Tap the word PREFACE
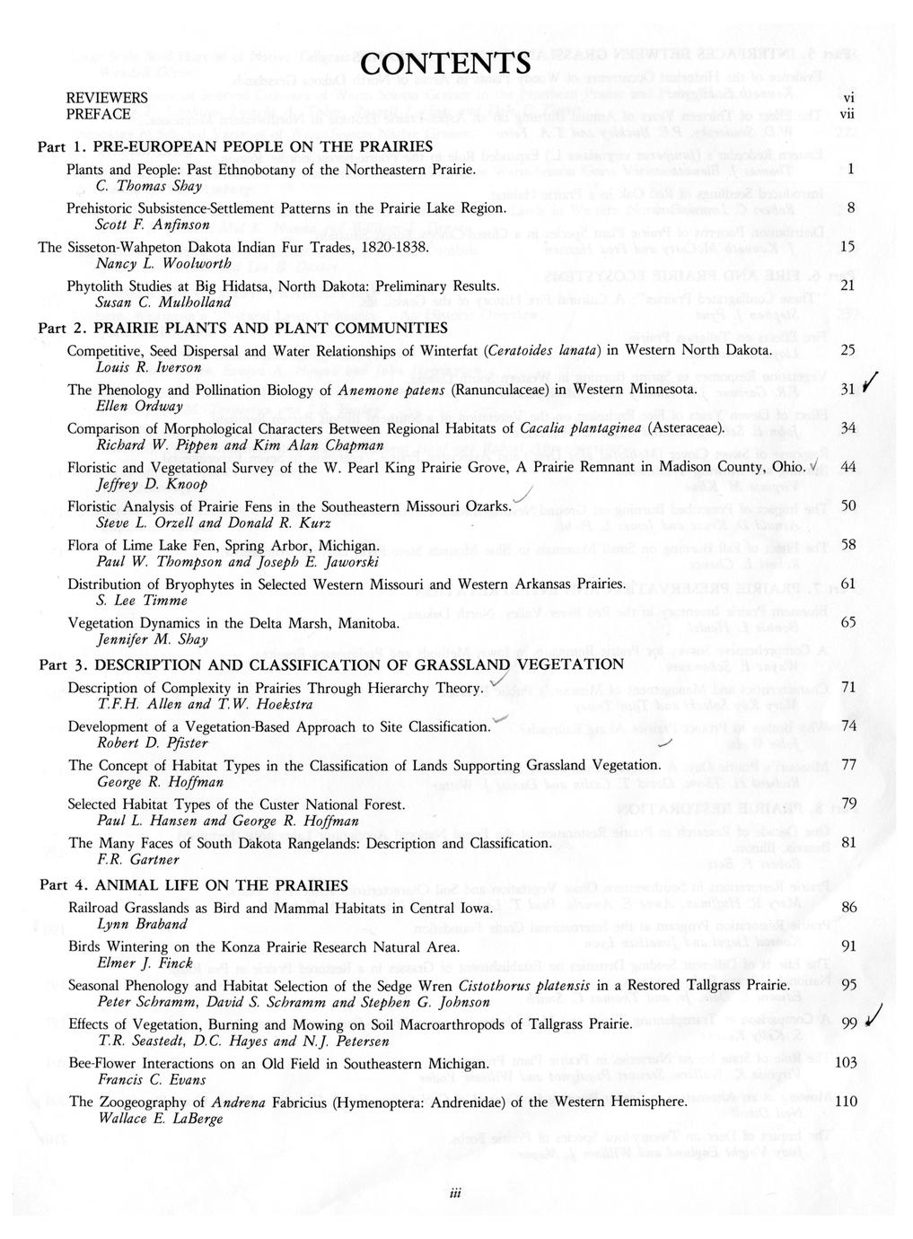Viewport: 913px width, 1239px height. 98,115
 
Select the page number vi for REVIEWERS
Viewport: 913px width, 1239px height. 847,97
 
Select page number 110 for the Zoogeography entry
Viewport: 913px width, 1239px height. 846,1102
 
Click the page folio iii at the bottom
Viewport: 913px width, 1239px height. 457,1192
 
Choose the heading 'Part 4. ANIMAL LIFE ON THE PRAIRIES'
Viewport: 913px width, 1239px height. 193,885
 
